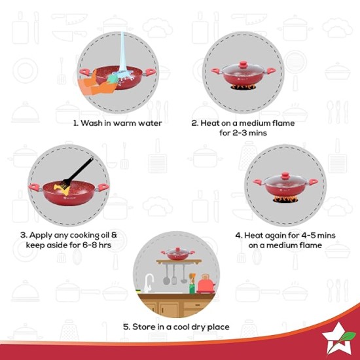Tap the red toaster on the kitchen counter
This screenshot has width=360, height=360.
206,283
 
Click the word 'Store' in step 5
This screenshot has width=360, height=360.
149,327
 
